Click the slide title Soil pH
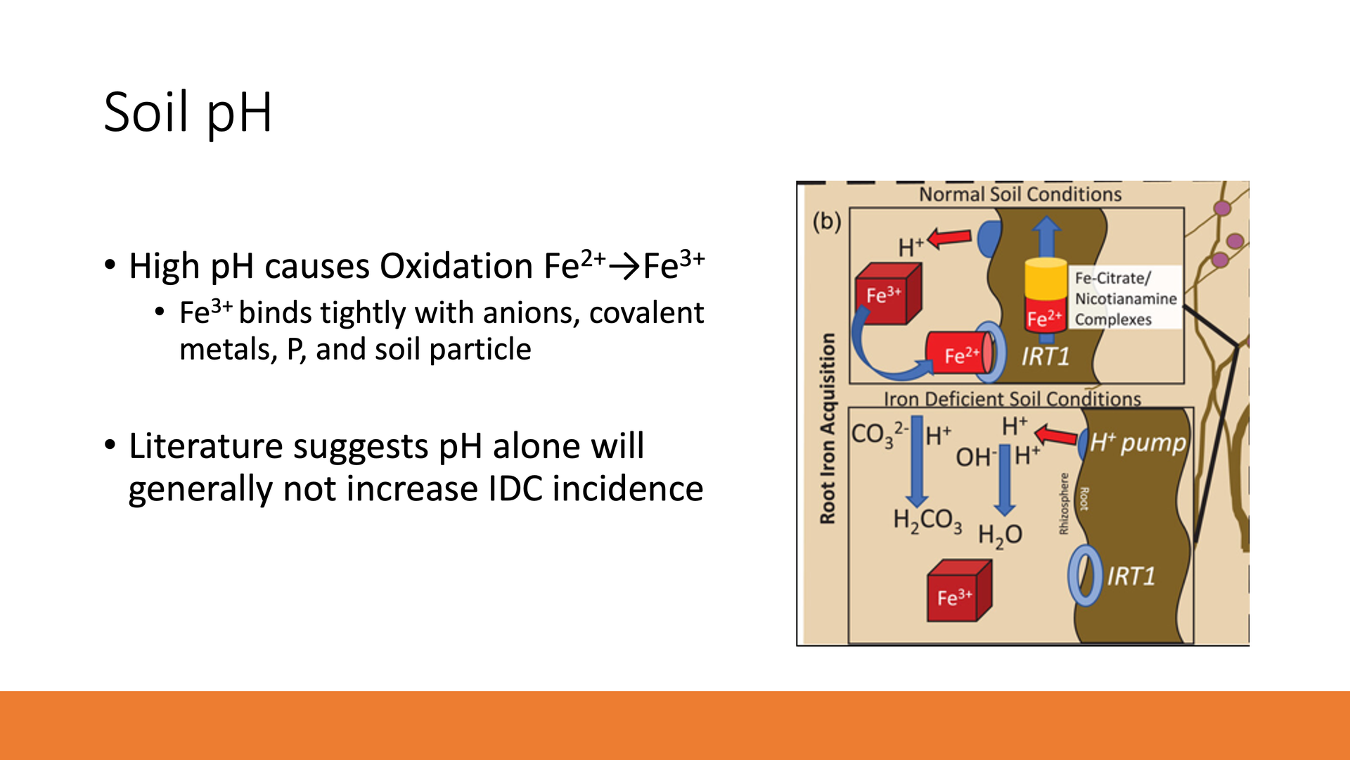(x=188, y=113)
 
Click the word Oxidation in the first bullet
(x=456, y=267)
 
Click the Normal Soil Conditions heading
(x=1020, y=194)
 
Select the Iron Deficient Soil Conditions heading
(x=1012, y=399)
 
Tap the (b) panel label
(x=827, y=222)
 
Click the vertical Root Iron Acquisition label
(x=828, y=429)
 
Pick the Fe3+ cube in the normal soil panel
(x=887, y=294)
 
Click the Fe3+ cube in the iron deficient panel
(x=959, y=591)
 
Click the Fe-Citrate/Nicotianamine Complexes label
(x=1125, y=298)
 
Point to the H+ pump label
(x=1138, y=443)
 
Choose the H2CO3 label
(x=927, y=521)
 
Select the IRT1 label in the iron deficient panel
(x=1131, y=577)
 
